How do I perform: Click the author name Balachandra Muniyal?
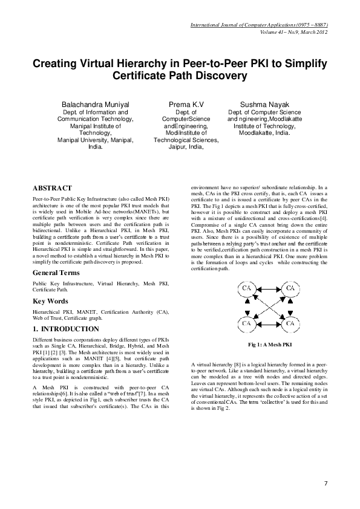(96, 104)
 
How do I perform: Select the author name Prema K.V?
(185, 104)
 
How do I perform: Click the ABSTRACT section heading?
(52, 189)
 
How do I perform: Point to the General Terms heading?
(58, 273)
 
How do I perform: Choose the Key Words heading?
(51, 300)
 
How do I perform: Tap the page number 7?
(326, 483)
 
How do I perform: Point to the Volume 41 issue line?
(293, 31)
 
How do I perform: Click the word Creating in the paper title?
(58, 64)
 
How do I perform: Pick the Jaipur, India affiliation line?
(185, 146)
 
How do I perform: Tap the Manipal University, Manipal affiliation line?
(96, 139)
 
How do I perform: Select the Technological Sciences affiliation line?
(185, 139)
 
